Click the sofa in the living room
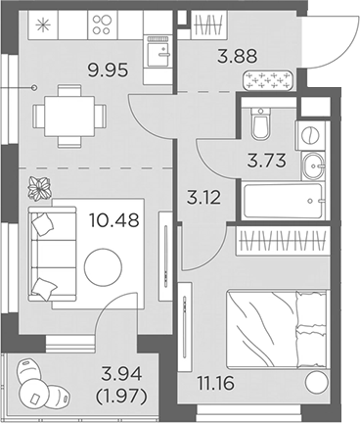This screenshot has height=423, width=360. point(48,252)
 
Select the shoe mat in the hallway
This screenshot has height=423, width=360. point(268,80)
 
